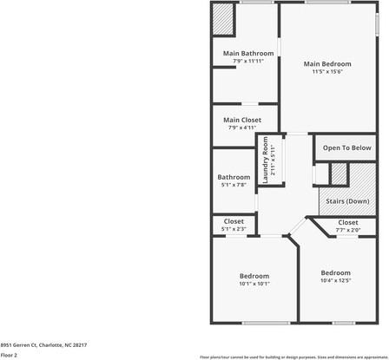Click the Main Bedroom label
pyautogui.click(x=327, y=64)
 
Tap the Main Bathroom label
pyautogui.click(x=248, y=54)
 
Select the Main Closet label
pyautogui.click(x=242, y=120)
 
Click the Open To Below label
pyautogui.click(x=347, y=148)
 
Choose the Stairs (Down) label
pyautogui.click(x=347, y=201)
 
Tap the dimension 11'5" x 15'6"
pyautogui.click(x=327, y=72)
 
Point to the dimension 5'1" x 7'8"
pyautogui.click(x=234, y=185)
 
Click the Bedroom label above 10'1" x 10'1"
pyautogui.click(x=254, y=276)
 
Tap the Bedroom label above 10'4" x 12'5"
pyautogui.click(x=335, y=272)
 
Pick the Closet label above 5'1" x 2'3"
pyautogui.click(x=234, y=221)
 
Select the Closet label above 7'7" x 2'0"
pyautogui.click(x=347, y=222)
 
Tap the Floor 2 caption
pyautogui.click(x=10, y=355)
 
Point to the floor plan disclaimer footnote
pyautogui.click(x=293, y=356)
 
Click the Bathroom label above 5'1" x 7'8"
pyautogui.click(x=234, y=177)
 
